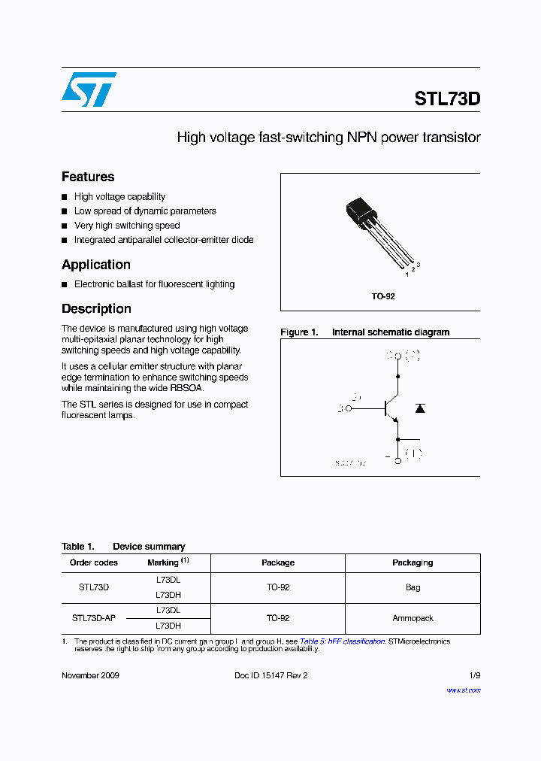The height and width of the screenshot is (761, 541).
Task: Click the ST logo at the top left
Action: click(89, 89)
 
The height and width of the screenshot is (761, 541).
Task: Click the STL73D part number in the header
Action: click(446, 99)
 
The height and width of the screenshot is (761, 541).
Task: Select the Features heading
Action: click(88, 177)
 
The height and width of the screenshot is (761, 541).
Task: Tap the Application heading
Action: click(96, 265)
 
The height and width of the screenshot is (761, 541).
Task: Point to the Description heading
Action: click(96, 309)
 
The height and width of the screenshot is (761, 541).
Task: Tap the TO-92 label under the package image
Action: click(382, 296)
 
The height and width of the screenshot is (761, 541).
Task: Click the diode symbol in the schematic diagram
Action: click(420, 408)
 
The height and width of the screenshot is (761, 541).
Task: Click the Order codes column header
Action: click(94, 562)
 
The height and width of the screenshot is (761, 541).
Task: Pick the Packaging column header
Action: click(413, 562)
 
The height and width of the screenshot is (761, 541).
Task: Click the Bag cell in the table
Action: click(413, 587)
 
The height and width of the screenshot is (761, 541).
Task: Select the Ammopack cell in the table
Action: click(413, 618)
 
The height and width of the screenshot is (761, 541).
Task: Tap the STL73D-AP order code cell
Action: click(94, 618)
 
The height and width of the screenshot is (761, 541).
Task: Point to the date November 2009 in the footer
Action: click(90, 675)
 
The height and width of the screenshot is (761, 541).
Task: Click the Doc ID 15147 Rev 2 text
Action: click(270, 675)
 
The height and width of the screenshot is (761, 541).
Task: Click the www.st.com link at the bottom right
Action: click(463, 690)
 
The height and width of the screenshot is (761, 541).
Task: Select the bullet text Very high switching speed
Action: click(127, 226)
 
